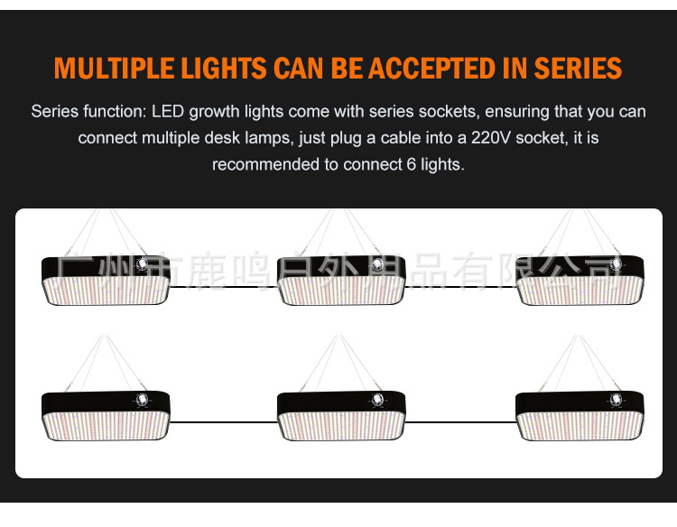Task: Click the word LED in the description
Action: (167, 112)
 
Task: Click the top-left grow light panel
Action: (107, 281)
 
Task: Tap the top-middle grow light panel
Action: (341, 281)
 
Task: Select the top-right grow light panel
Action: (580, 281)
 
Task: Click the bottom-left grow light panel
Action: (107, 415)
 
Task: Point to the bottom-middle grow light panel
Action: (341, 415)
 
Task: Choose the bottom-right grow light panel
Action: (580, 415)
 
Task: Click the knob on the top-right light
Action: (616, 263)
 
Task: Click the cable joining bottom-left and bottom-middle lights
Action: (224, 421)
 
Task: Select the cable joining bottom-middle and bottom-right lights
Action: (460, 421)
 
